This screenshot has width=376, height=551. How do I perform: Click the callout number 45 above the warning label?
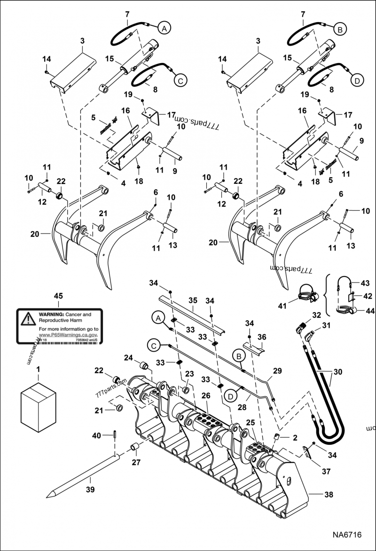[x=58, y=296]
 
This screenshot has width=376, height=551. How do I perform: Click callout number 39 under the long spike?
[x=90, y=490]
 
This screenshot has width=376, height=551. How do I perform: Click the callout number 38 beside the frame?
[x=329, y=494]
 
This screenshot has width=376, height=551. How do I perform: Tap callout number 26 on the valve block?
[x=205, y=396]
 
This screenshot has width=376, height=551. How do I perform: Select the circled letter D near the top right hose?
[x=357, y=81]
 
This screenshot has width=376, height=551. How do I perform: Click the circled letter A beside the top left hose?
[x=163, y=29]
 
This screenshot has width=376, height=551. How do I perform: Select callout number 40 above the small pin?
[x=96, y=436]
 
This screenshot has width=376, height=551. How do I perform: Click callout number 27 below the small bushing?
[x=136, y=463]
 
